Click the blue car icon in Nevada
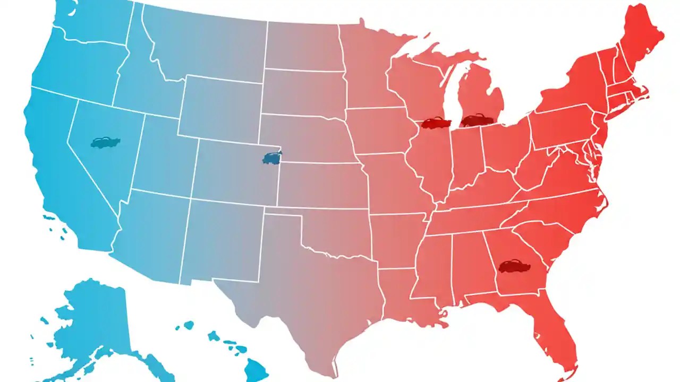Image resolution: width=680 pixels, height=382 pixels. click(x=105, y=142)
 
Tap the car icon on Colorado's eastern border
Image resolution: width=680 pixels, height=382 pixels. click(x=272, y=158)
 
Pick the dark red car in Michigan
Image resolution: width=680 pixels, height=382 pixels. click(x=477, y=120)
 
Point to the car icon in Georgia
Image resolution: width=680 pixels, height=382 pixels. click(x=514, y=265)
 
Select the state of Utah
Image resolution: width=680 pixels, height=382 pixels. click(x=159, y=154)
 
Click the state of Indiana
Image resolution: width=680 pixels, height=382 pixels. click(x=466, y=159)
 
